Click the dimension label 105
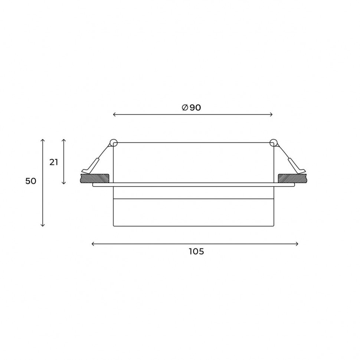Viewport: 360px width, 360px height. [x=197, y=251]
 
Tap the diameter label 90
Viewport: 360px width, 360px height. [x=195, y=108]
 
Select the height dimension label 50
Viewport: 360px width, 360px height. [x=31, y=181]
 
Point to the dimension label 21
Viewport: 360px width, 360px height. [x=54, y=162]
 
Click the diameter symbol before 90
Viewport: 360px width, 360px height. [x=185, y=108]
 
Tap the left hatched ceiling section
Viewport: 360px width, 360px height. [x=95, y=179]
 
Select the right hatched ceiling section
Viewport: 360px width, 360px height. [x=292, y=179]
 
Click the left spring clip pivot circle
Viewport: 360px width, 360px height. [x=114, y=143]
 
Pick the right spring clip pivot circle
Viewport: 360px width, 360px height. [x=274, y=143]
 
